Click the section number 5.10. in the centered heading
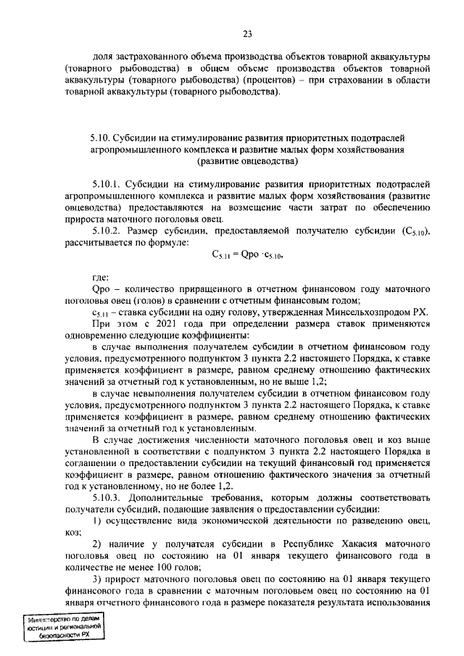click(101, 136)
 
